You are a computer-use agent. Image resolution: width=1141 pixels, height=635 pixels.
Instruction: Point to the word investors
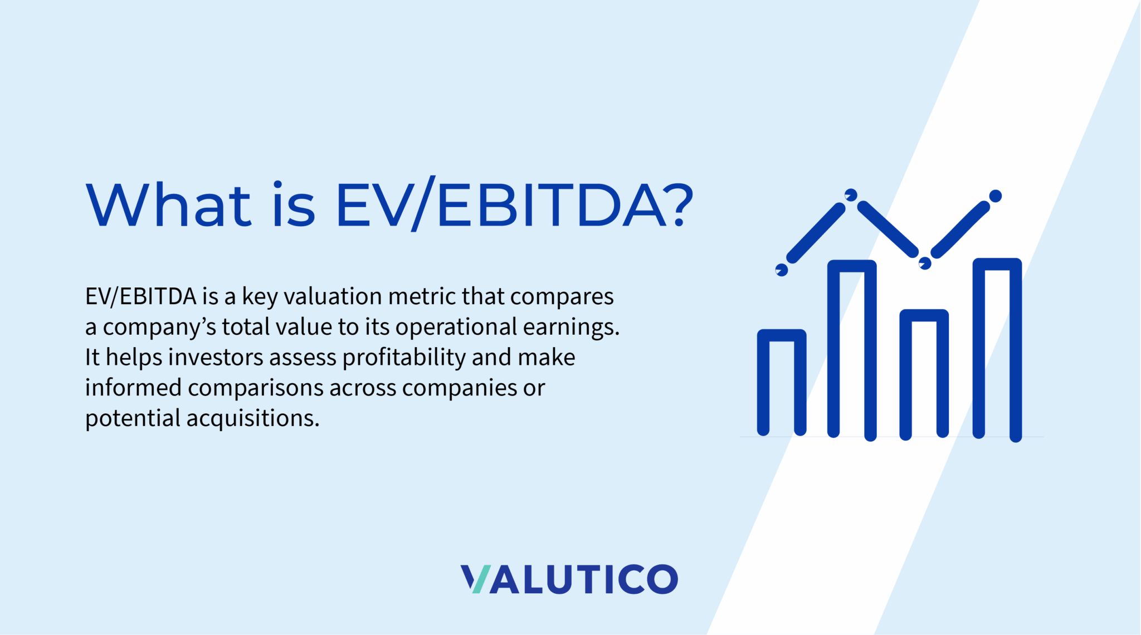pos(216,357)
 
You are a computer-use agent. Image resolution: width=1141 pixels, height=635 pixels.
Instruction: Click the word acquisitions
pos(253,418)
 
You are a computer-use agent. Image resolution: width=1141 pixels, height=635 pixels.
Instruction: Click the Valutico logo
pos(569,579)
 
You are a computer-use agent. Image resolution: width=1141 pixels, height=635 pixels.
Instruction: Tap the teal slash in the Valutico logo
pos(481,579)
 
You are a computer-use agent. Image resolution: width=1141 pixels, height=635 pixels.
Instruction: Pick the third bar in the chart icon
pos(924,373)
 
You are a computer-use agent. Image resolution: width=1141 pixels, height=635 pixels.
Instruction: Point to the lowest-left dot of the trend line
pos(782,270)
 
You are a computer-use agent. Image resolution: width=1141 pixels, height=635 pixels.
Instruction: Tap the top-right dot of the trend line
pos(996,196)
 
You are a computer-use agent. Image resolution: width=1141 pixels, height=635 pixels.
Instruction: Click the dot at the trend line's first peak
pos(851,195)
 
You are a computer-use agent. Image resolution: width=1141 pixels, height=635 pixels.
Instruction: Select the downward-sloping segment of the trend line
pos(888,229)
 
